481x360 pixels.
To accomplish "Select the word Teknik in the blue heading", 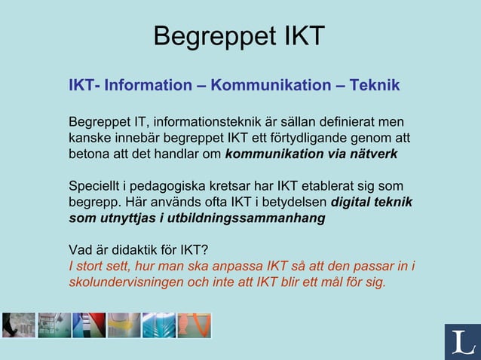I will [x=374, y=85].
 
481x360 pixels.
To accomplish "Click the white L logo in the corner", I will [x=462, y=342].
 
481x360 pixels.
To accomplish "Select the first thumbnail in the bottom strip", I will [x=18, y=325].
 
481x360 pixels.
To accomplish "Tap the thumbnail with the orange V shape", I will [x=194, y=325].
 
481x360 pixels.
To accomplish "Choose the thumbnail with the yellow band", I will [x=124, y=325].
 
